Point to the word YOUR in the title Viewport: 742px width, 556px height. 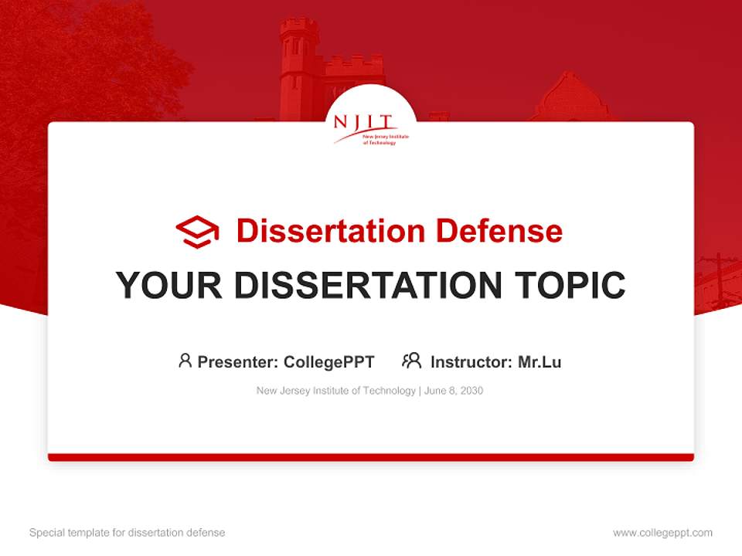(169, 286)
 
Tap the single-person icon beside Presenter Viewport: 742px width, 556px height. (185, 361)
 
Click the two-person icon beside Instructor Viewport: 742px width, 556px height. (411, 361)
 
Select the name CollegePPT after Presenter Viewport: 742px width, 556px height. (328, 361)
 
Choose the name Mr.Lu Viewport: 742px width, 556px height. (539, 361)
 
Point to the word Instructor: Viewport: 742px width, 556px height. (471, 361)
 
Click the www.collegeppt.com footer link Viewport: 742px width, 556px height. (662, 533)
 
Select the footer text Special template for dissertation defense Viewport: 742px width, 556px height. (128, 533)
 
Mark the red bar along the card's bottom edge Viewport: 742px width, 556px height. (370, 457)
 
